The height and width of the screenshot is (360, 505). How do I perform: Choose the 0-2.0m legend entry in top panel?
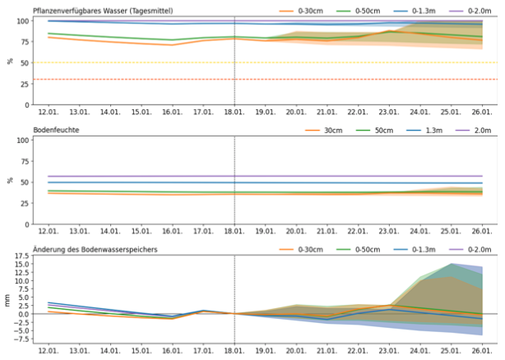pos(466,10)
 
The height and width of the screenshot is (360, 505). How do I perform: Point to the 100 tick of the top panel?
pos(22,21)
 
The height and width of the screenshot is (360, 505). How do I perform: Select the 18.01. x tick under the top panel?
pos(234,112)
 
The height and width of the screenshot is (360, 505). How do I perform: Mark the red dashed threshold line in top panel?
pos(123,79)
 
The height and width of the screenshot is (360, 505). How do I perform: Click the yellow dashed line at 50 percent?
pos(123,62)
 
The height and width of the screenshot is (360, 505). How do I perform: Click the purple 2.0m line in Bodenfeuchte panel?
pos(164,176)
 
